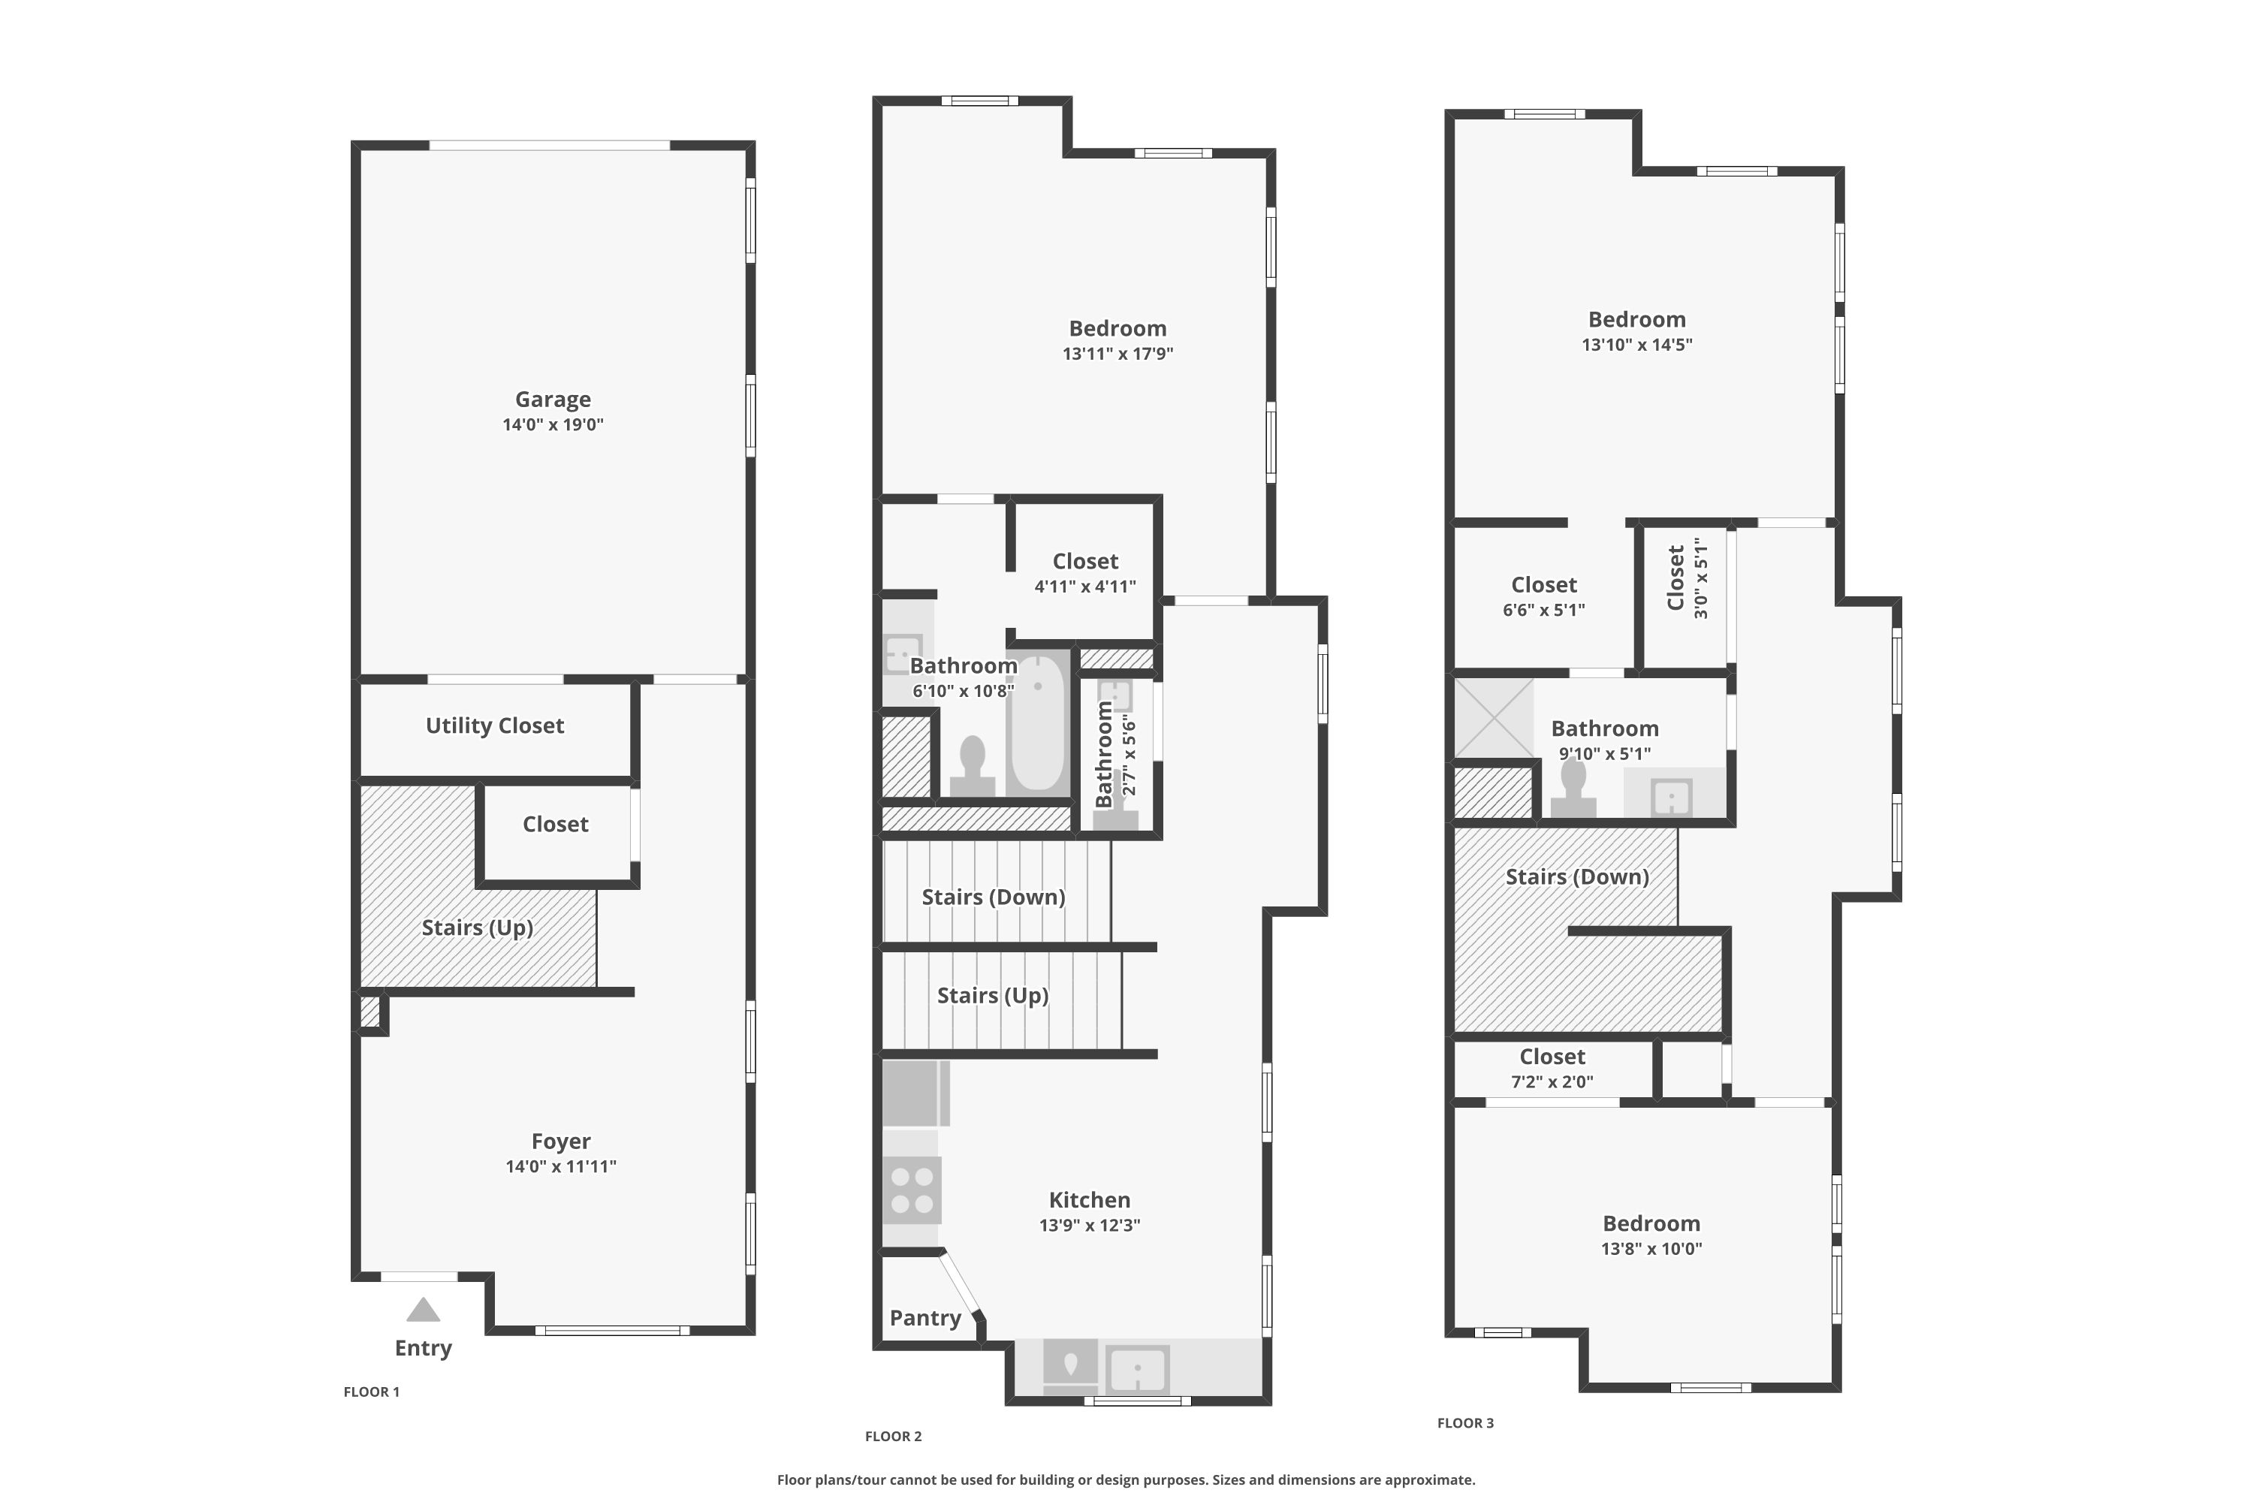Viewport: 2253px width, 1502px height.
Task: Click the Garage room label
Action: pos(553,400)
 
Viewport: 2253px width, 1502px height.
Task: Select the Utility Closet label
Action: pos(494,726)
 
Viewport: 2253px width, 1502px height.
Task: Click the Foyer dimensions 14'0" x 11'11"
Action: pos(561,1167)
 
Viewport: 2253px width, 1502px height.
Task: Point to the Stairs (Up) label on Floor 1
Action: pos(477,927)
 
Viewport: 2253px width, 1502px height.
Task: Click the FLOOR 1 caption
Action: pos(372,1392)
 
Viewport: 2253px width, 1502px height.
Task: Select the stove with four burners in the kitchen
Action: pos(911,1190)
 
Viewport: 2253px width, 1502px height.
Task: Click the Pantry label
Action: pos(925,1318)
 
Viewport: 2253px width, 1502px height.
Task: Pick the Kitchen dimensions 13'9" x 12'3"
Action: pos(1090,1225)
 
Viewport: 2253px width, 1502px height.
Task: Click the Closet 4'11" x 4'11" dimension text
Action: pos(1085,587)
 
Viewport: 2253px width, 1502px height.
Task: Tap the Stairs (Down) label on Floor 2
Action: pos(994,897)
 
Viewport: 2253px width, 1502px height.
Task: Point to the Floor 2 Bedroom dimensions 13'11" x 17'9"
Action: pos(1118,354)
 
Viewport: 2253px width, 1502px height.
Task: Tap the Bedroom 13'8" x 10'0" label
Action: pos(1651,1235)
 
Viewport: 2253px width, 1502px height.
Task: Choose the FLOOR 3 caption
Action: pos(1466,1422)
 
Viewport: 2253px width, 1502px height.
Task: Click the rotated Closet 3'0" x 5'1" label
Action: pos(1687,578)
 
